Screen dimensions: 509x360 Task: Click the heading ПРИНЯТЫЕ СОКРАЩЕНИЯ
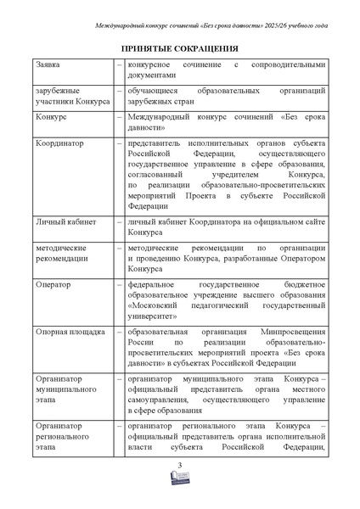[x=179, y=49]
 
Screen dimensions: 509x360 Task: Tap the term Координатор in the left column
[x=62, y=145]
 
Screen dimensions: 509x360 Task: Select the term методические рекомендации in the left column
[x=63, y=253]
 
